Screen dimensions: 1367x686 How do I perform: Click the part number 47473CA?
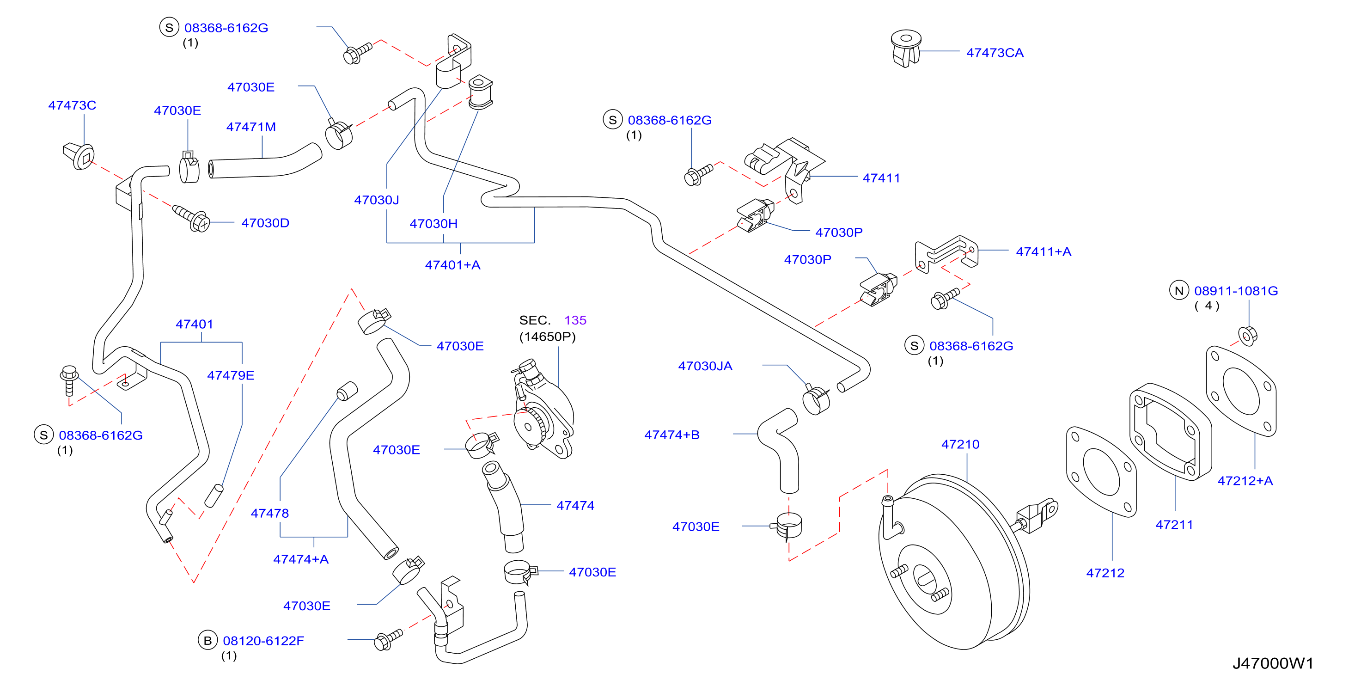pos(995,53)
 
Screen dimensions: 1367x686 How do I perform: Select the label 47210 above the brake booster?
pos(960,444)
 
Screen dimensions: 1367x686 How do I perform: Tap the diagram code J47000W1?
pos(1273,663)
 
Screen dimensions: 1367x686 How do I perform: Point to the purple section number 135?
pos(575,320)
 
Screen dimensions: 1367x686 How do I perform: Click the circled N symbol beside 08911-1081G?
pos(1178,290)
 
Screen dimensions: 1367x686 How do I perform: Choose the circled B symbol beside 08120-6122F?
pos(207,640)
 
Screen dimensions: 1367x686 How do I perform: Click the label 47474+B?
pos(672,435)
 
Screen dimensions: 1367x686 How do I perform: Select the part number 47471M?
pos(251,127)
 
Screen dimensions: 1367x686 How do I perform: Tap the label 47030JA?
pos(705,366)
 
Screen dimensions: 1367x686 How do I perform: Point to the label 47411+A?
pos(1044,251)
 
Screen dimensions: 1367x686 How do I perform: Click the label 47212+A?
pos(1245,480)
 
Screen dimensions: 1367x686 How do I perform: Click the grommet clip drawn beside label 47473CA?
pos(906,49)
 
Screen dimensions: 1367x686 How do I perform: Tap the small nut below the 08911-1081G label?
pos(1248,336)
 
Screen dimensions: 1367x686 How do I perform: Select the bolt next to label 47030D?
pos(192,218)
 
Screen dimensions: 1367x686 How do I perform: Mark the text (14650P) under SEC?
pos(547,337)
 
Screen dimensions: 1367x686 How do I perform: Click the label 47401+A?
pos(452,265)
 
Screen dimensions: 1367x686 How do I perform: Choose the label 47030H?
pos(433,224)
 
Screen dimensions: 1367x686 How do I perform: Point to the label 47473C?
pos(72,105)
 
